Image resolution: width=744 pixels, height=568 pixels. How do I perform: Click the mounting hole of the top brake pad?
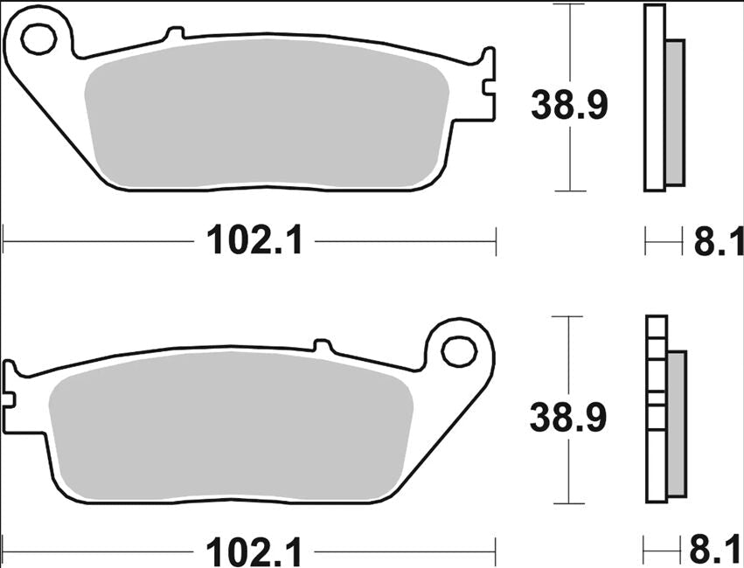click(x=38, y=38)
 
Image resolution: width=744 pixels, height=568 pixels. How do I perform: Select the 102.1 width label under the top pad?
click(x=254, y=239)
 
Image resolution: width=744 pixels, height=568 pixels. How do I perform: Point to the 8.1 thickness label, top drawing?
click(x=718, y=241)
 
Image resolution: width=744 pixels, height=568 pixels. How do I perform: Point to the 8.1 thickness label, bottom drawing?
click(x=718, y=552)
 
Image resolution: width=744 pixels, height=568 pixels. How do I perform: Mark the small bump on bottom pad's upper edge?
click(x=321, y=346)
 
